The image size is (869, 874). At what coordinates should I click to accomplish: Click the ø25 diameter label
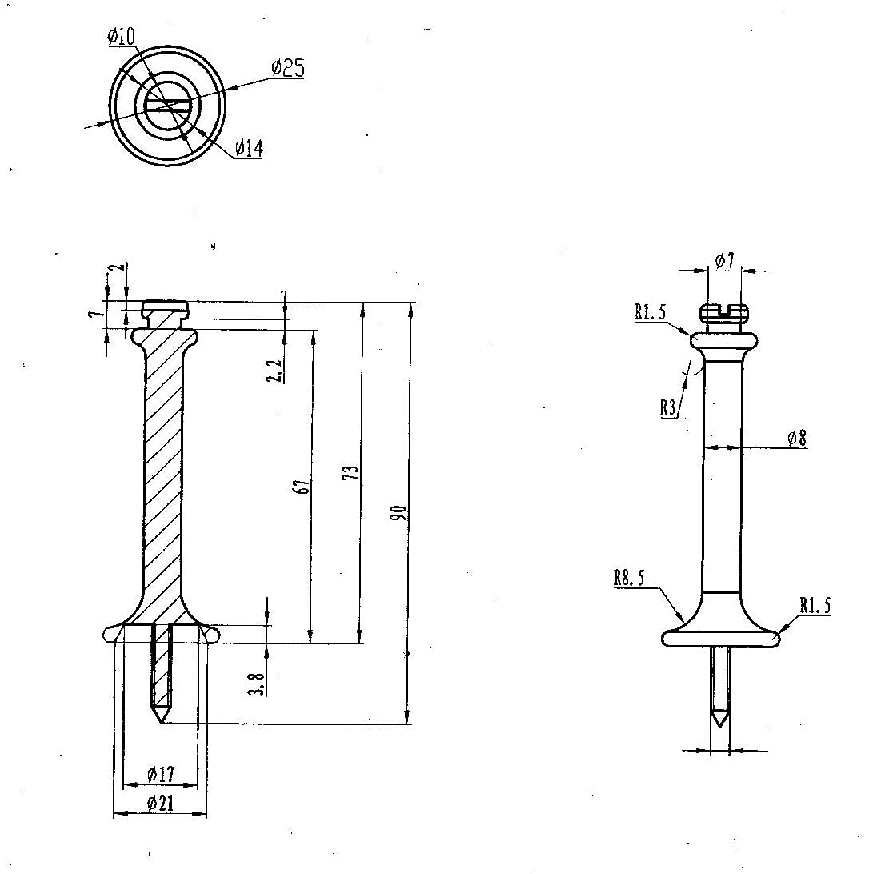tap(287, 69)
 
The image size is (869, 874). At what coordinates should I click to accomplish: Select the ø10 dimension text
tap(120, 36)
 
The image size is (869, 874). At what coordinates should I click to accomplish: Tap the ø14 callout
tap(249, 148)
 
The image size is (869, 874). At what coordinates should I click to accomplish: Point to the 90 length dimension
tap(402, 512)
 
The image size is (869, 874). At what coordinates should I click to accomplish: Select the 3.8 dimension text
tap(257, 684)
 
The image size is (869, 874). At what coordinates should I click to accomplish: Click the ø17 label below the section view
tap(160, 774)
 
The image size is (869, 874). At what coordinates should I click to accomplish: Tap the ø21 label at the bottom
tap(160, 804)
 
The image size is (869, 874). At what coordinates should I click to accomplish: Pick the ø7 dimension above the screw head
tap(724, 260)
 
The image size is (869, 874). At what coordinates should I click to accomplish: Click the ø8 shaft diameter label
tap(796, 438)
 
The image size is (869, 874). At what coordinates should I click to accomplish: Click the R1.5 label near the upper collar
tap(651, 312)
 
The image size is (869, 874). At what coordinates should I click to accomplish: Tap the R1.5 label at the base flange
tap(815, 606)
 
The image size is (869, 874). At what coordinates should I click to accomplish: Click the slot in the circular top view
tap(167, 105)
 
